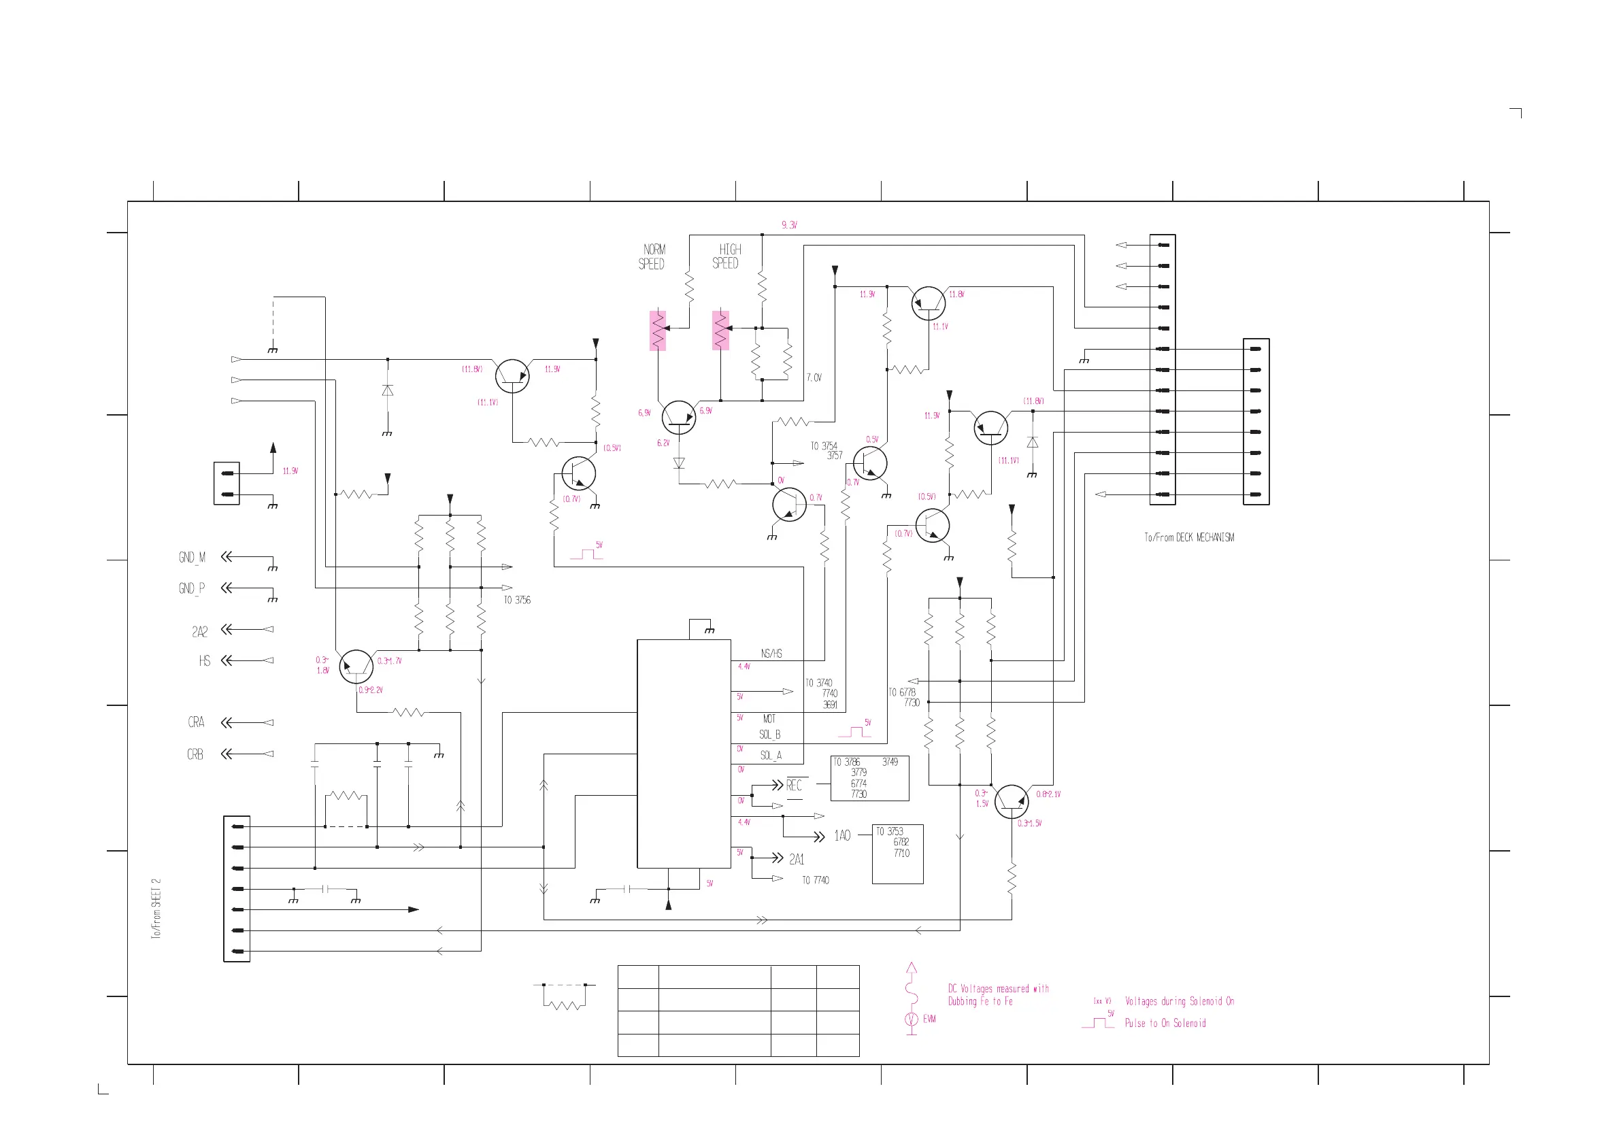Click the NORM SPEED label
[x=652, y=257]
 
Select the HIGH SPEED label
[x=727, y=256]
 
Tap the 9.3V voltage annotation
[x=789, y=225]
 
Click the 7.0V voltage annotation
[x=814, y=377]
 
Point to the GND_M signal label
[x=192, y=558]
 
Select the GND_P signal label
[x=192, y=588]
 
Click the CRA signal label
[x=196, y=722]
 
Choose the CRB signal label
[x=195, y=755]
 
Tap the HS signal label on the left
[x=205, y=661]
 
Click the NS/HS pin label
[x=771, y=654]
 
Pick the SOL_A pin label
[x=771, y=756]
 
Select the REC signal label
[x=794, y=785]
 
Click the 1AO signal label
[x=842, y=836]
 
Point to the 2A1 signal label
[x=797, y=859]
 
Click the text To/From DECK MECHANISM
[x=1189, y=538]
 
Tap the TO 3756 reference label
[x=517, y=601]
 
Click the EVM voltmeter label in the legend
[x=929, y=1020]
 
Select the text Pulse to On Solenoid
[x=1165, y=1024]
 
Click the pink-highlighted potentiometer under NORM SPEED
[x=658, y=331]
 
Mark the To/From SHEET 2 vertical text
[x=156, y=909]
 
